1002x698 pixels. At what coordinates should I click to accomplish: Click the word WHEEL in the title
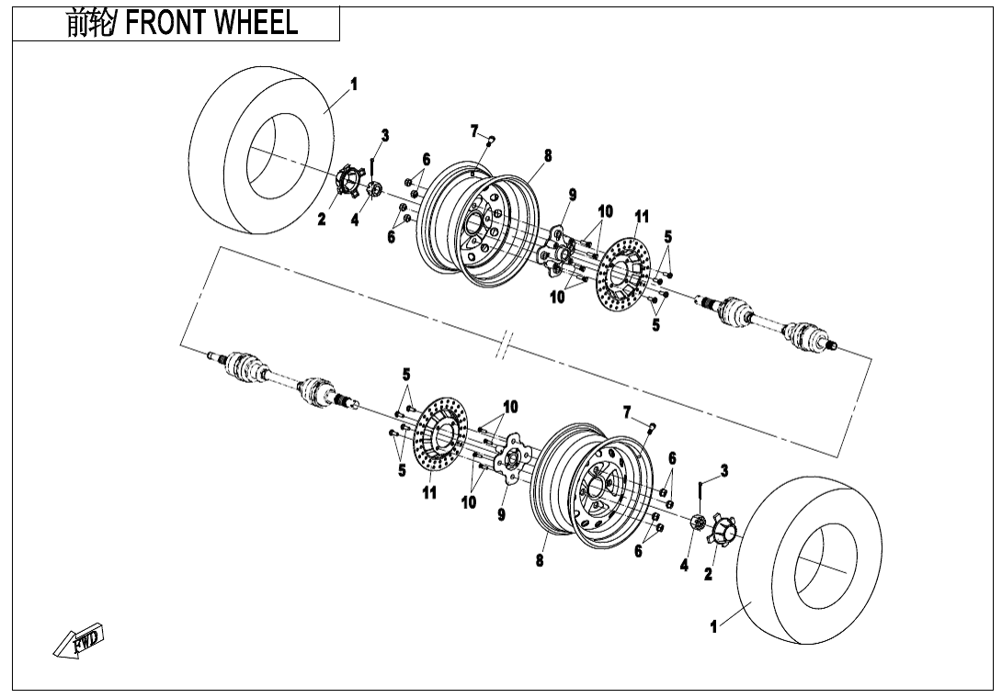(256, 24)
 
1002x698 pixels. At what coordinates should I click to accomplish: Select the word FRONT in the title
(165, 24)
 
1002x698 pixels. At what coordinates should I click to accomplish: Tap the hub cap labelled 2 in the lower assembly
(723, 532)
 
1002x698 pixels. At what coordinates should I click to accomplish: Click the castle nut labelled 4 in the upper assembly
(373, 190)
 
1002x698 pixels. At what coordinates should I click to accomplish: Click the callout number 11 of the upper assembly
(642, 217)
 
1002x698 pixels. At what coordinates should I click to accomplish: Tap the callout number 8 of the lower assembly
(540, 561)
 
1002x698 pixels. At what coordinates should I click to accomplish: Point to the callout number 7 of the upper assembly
(474, 129)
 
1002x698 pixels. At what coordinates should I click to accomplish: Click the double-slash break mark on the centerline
(504, 348)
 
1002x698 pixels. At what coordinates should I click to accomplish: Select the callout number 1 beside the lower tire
(713, 626)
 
